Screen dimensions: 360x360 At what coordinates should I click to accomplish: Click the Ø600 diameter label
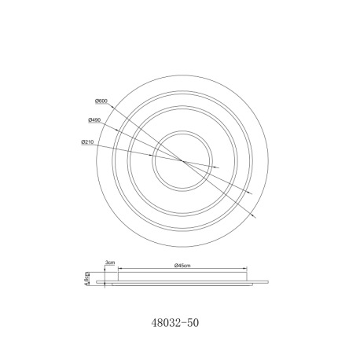pyautogui.click(x=101, y=101)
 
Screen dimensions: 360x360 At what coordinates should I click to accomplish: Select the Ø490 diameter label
pyautogui.click(x=94, y=120)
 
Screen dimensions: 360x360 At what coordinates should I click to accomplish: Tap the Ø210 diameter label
pyautogui.click(x=87, y=142)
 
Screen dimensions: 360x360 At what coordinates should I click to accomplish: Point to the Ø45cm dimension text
pyautogui.click(x=182, y=266)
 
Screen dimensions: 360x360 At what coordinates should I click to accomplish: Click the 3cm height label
pyautogui.click(x=110, y=262)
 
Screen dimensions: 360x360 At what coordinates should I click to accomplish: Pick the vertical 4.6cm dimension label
pyautogui.click(x=86, y=279)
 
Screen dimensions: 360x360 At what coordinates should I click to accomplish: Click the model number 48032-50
pyautogui.click(x=175, y=322)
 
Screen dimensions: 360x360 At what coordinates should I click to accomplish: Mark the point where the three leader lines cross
pyautogui.click(x=182, y=161)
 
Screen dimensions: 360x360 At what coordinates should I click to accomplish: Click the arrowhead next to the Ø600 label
pyautogui.click(x=111, y=106)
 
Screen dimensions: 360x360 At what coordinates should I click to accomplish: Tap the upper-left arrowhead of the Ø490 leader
pyautogui.click(x=118, y=130)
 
